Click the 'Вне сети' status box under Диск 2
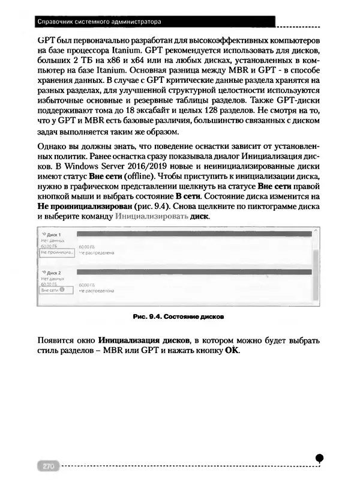coord(53,289)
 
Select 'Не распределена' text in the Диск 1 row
coord(97,253)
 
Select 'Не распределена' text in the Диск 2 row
coord(97,289)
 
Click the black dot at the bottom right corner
coord(320,458)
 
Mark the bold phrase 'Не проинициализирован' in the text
coord(82,206)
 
